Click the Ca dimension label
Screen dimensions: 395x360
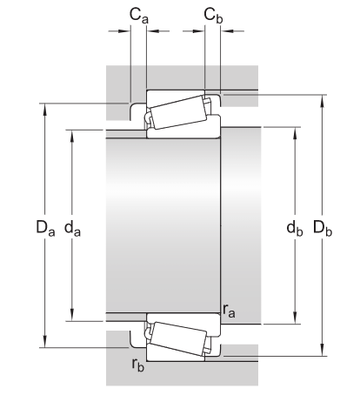click(x=137, y=15)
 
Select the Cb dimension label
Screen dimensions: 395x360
click(x=212, y=15)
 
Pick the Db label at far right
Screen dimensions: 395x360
click(x=323, y=230)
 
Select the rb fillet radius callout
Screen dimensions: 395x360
click(x=137, y=364)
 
